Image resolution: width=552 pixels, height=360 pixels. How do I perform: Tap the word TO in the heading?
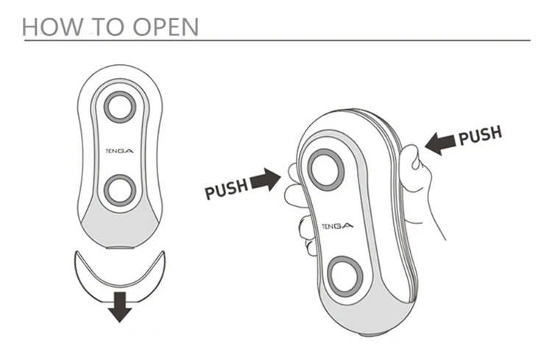(103, 27)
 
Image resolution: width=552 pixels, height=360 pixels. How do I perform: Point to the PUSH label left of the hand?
(226, 190)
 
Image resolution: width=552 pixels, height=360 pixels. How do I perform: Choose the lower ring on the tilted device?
(345, 275)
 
